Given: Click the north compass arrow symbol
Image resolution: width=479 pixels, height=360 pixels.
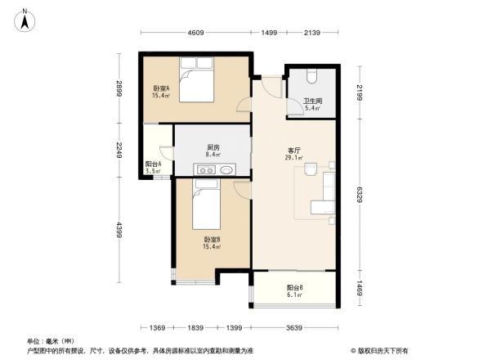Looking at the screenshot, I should pyautogui.click(x=25, y=19).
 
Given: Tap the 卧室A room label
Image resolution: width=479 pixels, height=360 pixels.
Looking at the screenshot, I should pyautogui.click(x=159, y=88).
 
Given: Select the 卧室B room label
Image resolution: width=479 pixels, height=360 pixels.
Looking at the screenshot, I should pyautogui.click(x=212, y=240).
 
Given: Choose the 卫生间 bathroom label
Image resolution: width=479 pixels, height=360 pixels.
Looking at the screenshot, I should pyautogui.click(x=313, y=101).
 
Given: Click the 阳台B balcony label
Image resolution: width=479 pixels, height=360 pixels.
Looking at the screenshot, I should pyautogui.click(x=295, y=287).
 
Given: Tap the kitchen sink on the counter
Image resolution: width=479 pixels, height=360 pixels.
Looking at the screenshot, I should pyautogui.click(x=206, y=170).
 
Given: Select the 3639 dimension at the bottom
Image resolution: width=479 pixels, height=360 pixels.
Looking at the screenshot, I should pyautogui.click(x=294, y=328).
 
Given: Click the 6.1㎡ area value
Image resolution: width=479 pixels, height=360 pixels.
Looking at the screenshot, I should pyautogui.click(x=295, y=295).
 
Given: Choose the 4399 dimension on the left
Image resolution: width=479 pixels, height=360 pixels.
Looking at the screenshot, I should pyautogui.click(x=119, y=232).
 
